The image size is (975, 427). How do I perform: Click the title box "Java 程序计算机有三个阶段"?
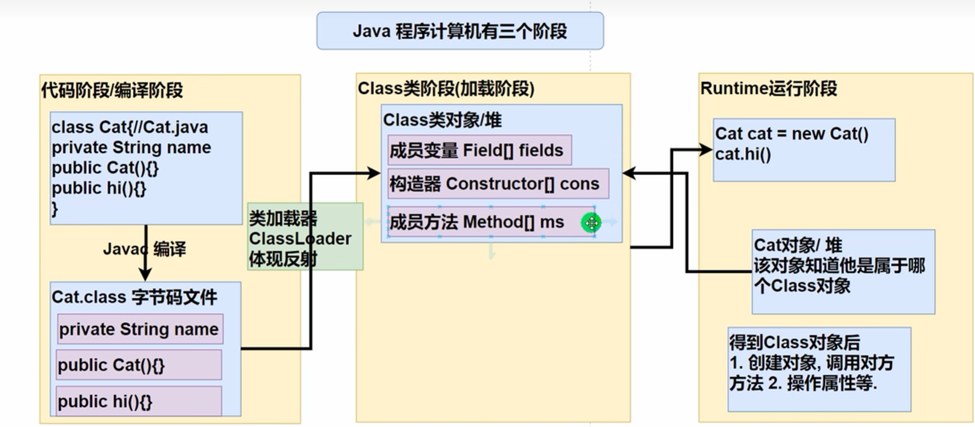[460, 31]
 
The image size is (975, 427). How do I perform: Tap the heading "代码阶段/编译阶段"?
[112, 90]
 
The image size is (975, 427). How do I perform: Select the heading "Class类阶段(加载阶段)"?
[446, 88]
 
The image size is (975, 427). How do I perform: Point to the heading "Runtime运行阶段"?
[768, 88]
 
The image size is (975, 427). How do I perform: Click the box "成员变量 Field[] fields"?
[479, 150]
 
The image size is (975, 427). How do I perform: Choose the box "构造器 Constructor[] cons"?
[498, 183]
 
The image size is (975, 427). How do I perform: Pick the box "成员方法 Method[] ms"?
[491, 222]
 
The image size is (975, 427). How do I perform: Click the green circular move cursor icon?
[591, 223]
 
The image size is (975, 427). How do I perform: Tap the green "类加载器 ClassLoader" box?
[305, 236]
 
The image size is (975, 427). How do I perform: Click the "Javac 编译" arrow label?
[144, 249]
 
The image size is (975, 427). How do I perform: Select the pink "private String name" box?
[140, 329]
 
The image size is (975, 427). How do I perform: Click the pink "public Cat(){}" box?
[139, 365]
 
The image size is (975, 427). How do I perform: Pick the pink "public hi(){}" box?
[139, 401]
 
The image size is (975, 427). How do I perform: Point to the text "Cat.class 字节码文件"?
[134, 297]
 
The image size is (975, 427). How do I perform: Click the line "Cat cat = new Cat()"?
[792, 134]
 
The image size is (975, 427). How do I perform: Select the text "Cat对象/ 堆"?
[798, 245]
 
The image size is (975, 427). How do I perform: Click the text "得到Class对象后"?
[794, 342]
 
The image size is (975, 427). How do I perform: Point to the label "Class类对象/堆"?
[442, 120]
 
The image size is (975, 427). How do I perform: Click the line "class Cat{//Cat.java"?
[130, 127]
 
